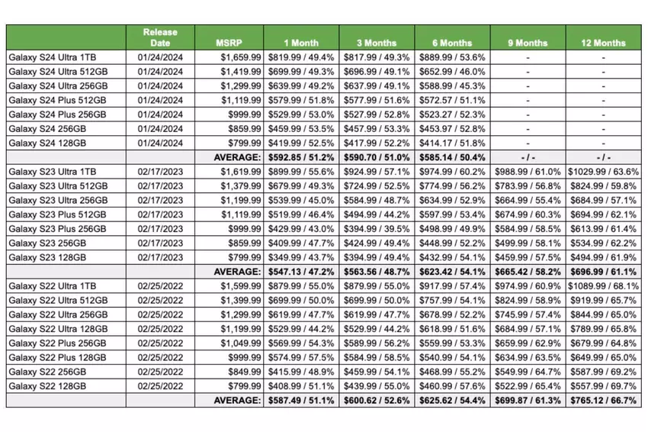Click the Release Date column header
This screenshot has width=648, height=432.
pyautogui.click(x=160, y=37)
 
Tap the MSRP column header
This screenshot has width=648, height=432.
pyautogui.click(x=229, y=43)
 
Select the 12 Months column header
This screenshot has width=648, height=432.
pyautogui.click(x=603, y=43)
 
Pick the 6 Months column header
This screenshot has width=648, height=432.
pyautogui.click(x=452, y=43)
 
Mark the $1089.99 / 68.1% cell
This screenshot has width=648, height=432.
pyautogui.click(x=603, y=285)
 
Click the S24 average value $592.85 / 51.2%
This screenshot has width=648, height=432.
pyautogui.click(x=301, y=156)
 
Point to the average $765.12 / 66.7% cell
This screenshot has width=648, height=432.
pyautogui.click(x=603, y=399)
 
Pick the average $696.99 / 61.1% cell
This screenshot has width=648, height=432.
pyautogui.click(x=603, y=271)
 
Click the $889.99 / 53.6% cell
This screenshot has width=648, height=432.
pyautogui.click(x=452, y=57)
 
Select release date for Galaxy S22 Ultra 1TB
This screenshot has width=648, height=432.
pyautogui.click(x=160, y=285)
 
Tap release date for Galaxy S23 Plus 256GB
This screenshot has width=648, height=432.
pyautogui.click(x=160, y=228)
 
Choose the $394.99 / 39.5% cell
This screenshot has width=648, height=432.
pyautogui.click(x=377, y=228)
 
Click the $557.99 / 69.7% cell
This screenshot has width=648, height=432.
pyautogui.click(x=603, y=385)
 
